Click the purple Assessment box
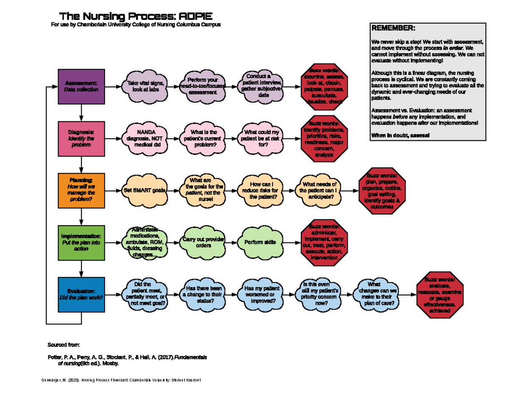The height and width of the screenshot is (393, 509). (81, 86)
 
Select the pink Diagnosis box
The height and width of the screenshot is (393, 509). (81, 139)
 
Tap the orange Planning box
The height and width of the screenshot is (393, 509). (81, 190)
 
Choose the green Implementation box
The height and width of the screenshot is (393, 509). (81, 242)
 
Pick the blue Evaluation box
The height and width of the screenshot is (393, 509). (81, 294)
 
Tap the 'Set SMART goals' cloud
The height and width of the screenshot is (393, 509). (145, 190)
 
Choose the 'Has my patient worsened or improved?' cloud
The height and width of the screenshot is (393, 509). (261, 294)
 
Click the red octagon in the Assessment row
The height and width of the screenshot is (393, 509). (324, 86)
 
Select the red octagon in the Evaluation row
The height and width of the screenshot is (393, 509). (440, 294)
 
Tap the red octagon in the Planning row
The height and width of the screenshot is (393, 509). (382, 190)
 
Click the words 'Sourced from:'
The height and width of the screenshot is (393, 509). (63, 345)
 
